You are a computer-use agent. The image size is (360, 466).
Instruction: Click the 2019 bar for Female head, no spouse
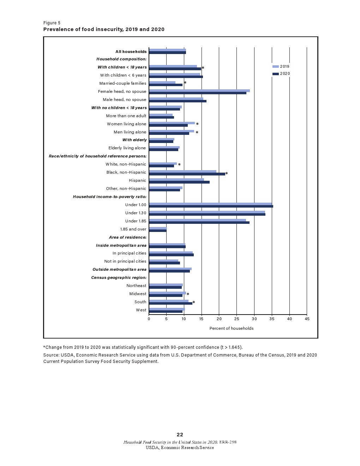199,90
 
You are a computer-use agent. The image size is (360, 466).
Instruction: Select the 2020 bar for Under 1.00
211,206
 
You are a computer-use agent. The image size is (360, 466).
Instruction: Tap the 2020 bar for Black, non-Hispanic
187,174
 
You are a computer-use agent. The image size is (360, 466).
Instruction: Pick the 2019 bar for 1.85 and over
158,228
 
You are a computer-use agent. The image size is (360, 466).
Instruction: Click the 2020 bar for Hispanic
179,182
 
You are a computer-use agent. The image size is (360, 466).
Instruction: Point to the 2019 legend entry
281,66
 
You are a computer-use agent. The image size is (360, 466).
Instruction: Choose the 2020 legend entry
281,73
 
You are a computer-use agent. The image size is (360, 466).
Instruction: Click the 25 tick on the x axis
237,319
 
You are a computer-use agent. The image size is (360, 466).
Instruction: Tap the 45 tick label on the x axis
307,319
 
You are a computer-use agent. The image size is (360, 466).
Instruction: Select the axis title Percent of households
232,328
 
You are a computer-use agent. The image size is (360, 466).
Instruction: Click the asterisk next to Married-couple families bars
185,83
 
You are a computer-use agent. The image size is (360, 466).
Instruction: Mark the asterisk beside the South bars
194,303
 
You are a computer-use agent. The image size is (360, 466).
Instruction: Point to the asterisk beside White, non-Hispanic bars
179,165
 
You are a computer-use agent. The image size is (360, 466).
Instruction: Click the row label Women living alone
126,124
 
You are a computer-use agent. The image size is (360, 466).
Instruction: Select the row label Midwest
138,294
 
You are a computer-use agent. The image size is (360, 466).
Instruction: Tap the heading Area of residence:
127,237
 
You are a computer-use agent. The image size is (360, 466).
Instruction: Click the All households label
131,52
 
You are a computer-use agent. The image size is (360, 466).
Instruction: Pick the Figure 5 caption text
52,23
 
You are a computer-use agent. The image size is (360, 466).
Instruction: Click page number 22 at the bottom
180,435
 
